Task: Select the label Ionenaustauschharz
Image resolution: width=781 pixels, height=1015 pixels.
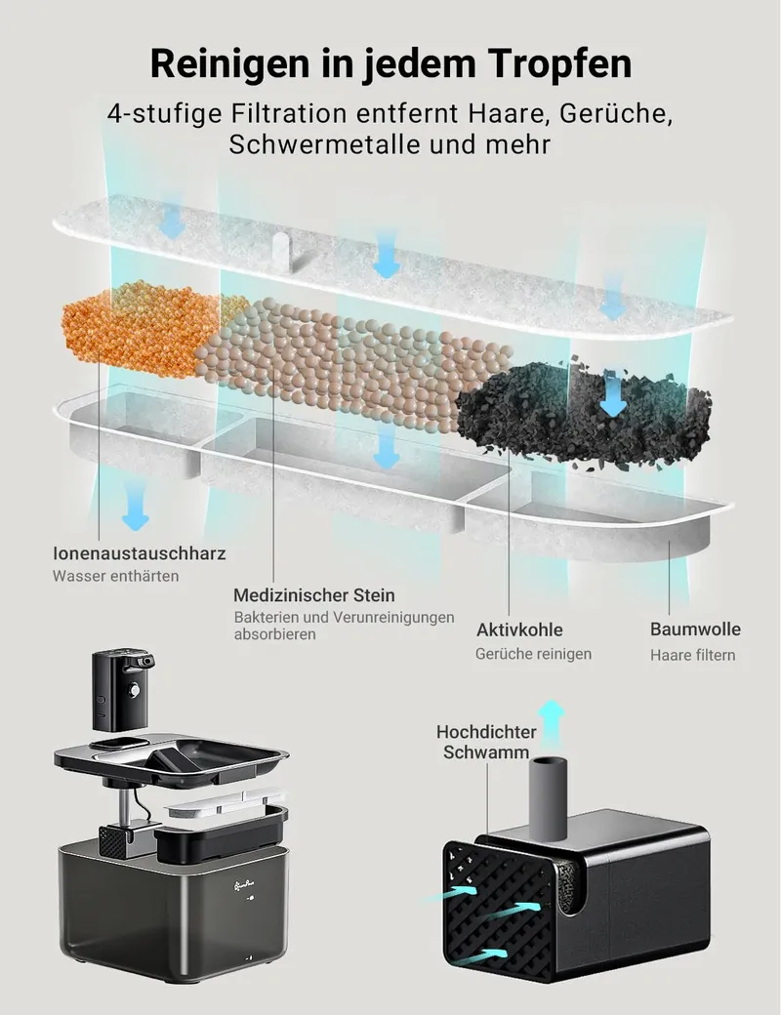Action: (140, 553)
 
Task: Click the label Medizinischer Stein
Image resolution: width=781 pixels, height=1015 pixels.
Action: (314, 595)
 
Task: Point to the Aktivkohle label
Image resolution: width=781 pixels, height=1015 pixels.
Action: (519, 629)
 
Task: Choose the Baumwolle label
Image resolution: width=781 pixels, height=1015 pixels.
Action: (695, 629)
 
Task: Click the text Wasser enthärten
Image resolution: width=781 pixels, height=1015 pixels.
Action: (116, 576)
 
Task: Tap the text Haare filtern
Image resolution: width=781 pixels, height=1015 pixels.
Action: (693, 655)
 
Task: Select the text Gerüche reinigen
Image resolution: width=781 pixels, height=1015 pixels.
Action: (534, 654)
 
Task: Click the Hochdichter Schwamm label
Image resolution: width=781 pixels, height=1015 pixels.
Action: (486, 742)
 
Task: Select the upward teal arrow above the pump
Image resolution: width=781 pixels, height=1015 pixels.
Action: (552, 723)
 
